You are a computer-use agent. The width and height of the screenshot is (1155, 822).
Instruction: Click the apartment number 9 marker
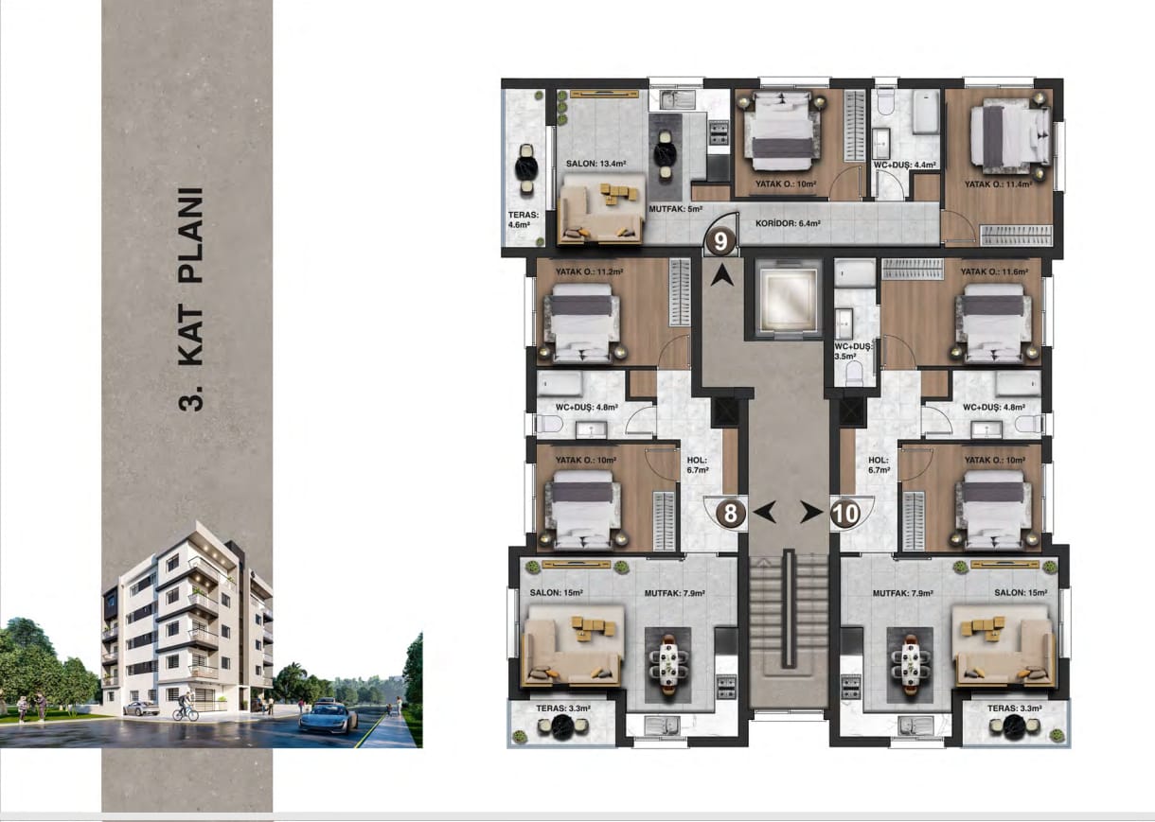click(x=720, y=241)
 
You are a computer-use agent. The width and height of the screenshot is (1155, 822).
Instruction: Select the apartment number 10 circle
click(x=845, y=514)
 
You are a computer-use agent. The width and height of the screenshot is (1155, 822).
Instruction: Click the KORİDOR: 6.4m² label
click(x=788, y=223)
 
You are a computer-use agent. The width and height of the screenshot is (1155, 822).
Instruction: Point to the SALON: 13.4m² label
click(x=596, y=164)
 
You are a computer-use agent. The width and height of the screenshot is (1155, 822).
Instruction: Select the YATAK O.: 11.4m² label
click(x=998, y=184)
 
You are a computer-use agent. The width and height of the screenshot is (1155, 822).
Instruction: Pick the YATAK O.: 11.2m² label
click(x=589, y=271)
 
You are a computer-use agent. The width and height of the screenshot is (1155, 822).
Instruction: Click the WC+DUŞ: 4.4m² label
click(x=904, y=166)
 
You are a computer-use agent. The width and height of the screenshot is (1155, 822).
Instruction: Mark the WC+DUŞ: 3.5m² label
click(x=853, y=351)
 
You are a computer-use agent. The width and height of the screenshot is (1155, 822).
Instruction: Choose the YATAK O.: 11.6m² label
click(x=994, y=271)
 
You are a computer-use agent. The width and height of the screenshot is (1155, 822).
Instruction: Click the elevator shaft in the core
click(x=787, y=299)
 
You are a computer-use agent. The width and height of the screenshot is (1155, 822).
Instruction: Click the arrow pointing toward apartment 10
click(x=811, y=513)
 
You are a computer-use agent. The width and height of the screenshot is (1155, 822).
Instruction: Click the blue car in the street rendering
click(x=329, y=716)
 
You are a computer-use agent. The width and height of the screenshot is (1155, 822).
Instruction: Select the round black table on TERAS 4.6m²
click(x=527, y=169)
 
